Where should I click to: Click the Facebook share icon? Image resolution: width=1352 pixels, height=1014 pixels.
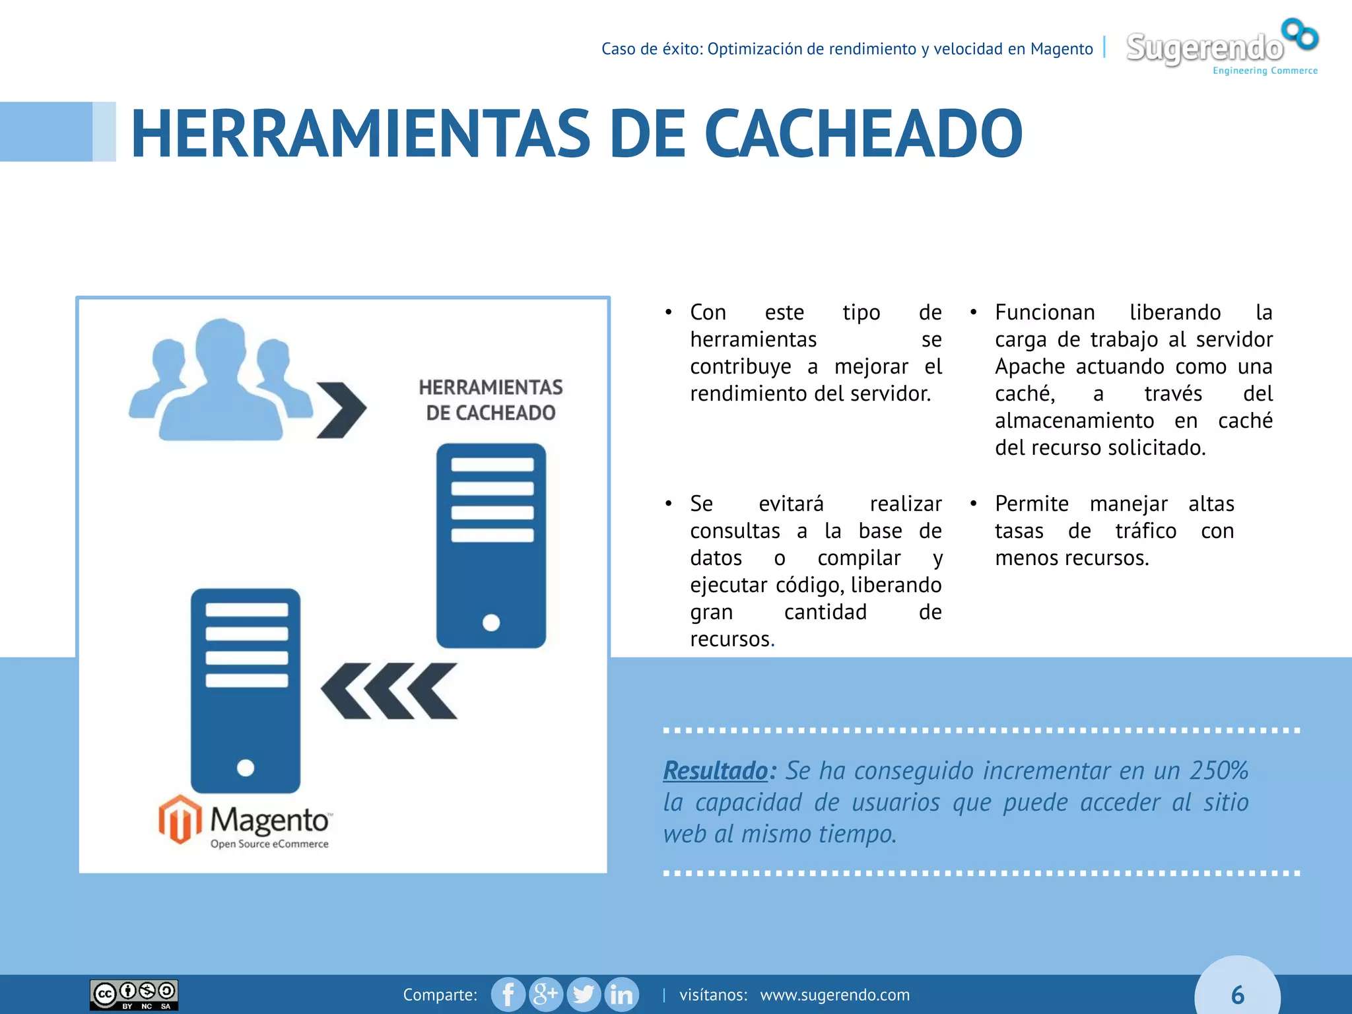[508, 994]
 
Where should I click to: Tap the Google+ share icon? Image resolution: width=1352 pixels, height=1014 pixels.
[546, 994]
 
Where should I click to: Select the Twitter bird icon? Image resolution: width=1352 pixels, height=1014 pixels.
[584, 994]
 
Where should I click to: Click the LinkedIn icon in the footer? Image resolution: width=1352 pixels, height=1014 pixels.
[621, 994]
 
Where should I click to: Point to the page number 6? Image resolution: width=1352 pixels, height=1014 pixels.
[1237, 995]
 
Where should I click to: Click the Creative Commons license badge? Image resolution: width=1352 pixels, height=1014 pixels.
[134, 995]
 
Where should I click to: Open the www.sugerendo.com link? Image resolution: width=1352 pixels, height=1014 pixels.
[834, 995]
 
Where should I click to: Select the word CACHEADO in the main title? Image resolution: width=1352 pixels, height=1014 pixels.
[863, 134]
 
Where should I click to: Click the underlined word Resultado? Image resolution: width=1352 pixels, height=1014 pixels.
[716, 770]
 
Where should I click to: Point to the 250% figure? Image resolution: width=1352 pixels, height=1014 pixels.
[1219, 770]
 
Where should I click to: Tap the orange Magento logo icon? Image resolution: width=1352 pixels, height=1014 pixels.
[180, 819]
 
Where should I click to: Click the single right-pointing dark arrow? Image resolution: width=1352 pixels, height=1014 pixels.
[341, 410]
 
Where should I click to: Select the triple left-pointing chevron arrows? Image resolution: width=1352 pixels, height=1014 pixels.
[389, 691]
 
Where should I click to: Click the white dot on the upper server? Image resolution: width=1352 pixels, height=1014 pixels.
[491, 622]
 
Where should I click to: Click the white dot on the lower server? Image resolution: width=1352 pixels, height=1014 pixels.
[246, 768]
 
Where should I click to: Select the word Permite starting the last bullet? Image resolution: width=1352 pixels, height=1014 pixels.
[1031, 504]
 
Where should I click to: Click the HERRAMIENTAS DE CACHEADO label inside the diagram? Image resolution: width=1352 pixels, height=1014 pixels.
[490, 400]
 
